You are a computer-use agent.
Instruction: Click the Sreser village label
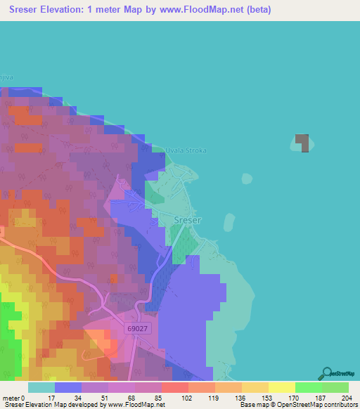[187, 220]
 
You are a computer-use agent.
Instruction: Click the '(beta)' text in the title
[255, 10]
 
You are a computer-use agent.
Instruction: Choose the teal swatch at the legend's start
[41, 387]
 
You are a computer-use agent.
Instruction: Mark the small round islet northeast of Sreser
[247, 178]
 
